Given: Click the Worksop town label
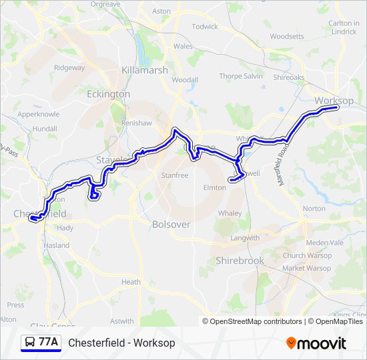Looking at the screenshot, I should tap(334, 101).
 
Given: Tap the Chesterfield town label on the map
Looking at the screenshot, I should tap(40, 214).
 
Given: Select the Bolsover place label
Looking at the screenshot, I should tap(171, 225).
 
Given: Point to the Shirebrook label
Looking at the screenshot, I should tap(240, 261).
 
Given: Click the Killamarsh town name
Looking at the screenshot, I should tap(144, 70).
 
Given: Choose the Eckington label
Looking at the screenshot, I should tap(108, 94).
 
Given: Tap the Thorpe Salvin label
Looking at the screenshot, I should tap(241, 76).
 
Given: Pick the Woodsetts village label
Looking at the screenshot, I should tap(287, 37).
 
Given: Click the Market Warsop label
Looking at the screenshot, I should tap(306, 268).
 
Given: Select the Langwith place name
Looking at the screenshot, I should tap(245, 238).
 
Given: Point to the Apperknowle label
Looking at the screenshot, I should tap(38, 114).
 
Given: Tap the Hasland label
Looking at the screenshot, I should tap(56, 245).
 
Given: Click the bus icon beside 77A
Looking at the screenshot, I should tap(29, 343).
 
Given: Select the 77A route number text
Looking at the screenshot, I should tap(48, 343).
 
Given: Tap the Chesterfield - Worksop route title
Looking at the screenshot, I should tap(121, 343).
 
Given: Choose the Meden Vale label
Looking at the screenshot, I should tap(323, 242).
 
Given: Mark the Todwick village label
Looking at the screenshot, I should tap(205, 27).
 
